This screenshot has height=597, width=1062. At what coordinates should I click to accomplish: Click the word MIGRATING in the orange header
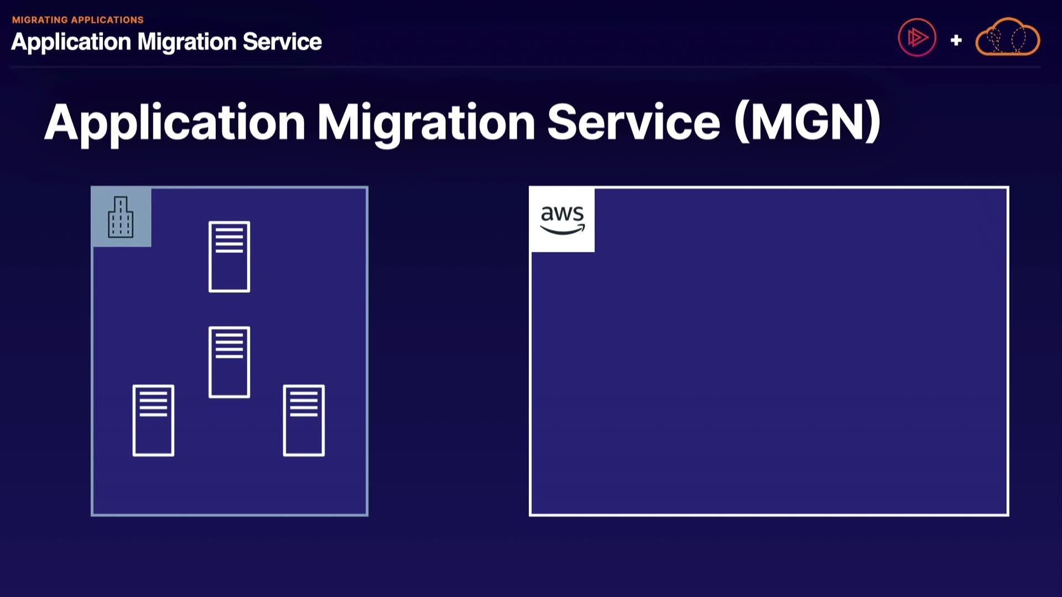(40, 20)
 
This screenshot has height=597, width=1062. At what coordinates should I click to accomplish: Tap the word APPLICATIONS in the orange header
(108, 20)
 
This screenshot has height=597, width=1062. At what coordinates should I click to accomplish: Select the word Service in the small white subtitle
(282, 41)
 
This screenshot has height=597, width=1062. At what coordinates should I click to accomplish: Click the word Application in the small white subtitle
(71, 43)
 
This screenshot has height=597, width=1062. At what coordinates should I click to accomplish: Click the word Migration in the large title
(426, 124)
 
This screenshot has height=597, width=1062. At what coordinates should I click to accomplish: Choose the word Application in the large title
(175, 124)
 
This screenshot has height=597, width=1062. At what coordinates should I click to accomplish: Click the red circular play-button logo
(917, 38)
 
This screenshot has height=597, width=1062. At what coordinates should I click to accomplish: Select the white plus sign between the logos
(956, 40)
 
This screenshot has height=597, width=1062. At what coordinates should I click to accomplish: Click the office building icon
(121, 217)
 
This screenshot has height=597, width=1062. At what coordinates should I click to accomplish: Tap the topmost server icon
(229, 256)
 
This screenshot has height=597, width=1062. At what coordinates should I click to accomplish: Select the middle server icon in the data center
(229, 362)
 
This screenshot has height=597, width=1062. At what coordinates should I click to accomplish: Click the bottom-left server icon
(153, 420)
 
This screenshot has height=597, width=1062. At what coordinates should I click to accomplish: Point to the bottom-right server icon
(304, 420)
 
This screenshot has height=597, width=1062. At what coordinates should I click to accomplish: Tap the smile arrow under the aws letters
(563, 229)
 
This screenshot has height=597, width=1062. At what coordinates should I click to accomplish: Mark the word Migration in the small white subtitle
(187, 43)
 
